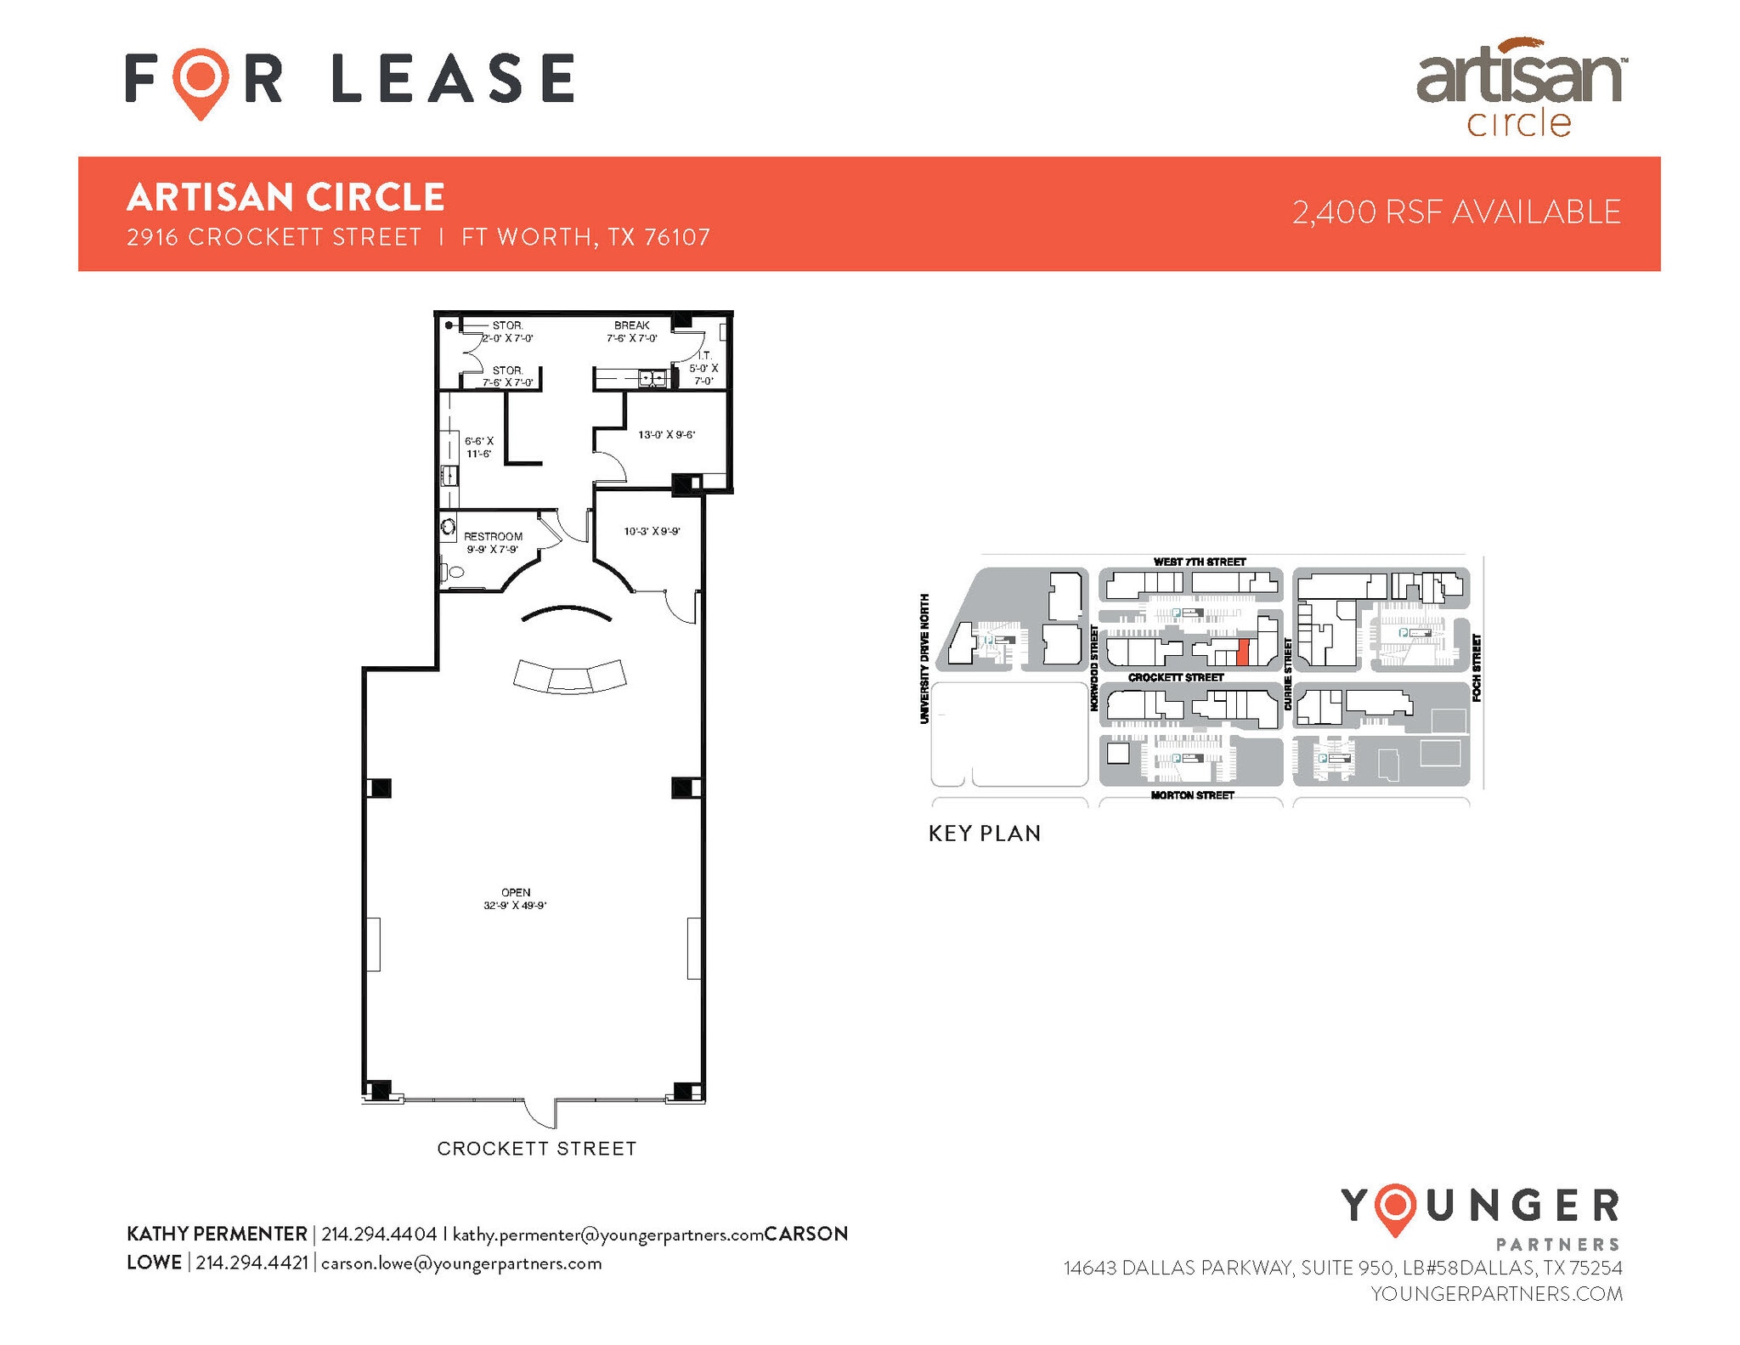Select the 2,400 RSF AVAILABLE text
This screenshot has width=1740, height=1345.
click(1456, 212)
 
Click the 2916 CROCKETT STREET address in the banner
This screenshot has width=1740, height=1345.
click(274, 237)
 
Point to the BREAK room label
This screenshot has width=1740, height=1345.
click(631, 325)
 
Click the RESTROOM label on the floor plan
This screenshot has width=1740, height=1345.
click(493, 536)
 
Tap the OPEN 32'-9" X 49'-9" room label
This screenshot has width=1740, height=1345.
click(516, 899)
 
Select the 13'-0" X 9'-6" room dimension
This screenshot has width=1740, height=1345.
click(666, 435)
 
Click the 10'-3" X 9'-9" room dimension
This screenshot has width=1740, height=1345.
click(652, 531)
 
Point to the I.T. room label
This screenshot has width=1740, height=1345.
click(703, 356)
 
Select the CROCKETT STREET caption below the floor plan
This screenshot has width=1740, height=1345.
click(537, 1149)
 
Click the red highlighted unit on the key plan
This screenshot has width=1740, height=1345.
click(1242, 652)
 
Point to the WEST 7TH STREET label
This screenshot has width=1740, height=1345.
click(1199, 562)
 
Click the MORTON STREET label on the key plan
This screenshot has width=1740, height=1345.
click(1192, 795)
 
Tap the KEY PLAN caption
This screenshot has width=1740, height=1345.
click(985, 834)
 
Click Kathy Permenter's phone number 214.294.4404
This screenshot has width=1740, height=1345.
click(379, 1234)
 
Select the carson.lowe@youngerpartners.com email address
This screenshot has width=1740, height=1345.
click(461, 1263)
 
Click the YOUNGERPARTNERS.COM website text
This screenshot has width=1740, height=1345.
click(1496, 1294)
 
